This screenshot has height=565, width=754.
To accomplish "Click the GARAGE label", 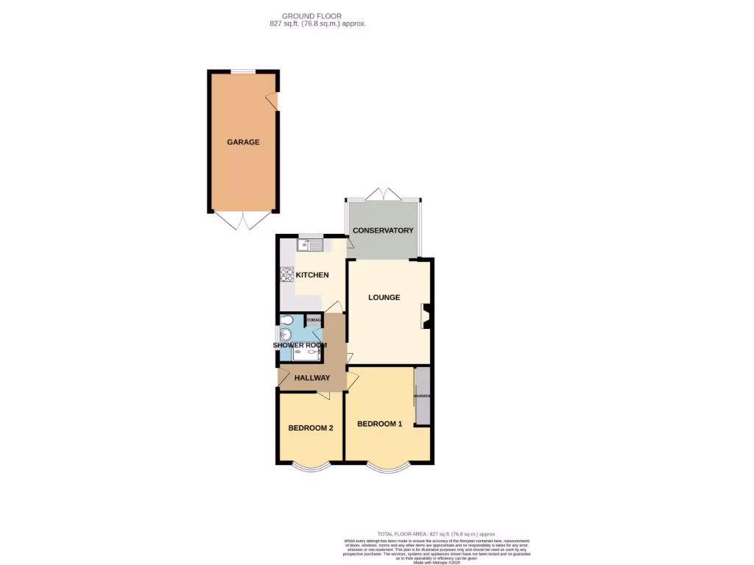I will click(243, 142).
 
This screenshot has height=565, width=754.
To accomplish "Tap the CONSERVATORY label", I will click(383, 231).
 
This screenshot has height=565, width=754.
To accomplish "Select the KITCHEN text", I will click(312, 275).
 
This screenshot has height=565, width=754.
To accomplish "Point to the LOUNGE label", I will click(384, 298).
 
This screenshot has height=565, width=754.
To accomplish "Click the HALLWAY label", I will click(312, 378).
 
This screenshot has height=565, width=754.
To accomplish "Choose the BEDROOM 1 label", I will click(380, 424).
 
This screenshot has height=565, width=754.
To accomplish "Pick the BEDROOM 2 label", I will click(311, 428).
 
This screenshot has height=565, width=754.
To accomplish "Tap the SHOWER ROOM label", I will click(300, 345).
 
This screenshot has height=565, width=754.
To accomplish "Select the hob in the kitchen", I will click(286, 275).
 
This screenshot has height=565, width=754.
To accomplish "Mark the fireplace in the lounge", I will click(426, 316).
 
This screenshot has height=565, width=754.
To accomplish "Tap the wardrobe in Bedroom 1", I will click(423, 397).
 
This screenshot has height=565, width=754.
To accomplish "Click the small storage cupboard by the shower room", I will click(314, 320).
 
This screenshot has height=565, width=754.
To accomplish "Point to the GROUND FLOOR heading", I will click(311, 15).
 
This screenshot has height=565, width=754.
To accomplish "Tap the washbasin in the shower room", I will click(286, 335).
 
